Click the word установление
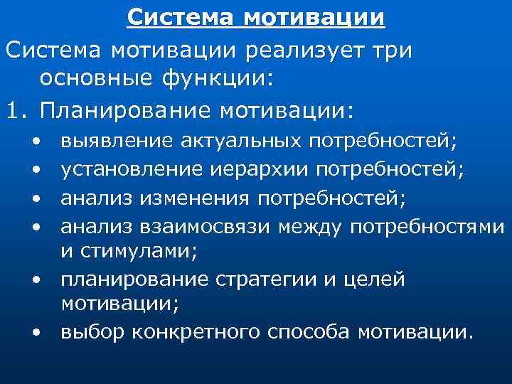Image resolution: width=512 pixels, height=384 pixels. click(x=133, y=169)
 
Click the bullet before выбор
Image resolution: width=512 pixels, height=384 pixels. click(x=36, y=333)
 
